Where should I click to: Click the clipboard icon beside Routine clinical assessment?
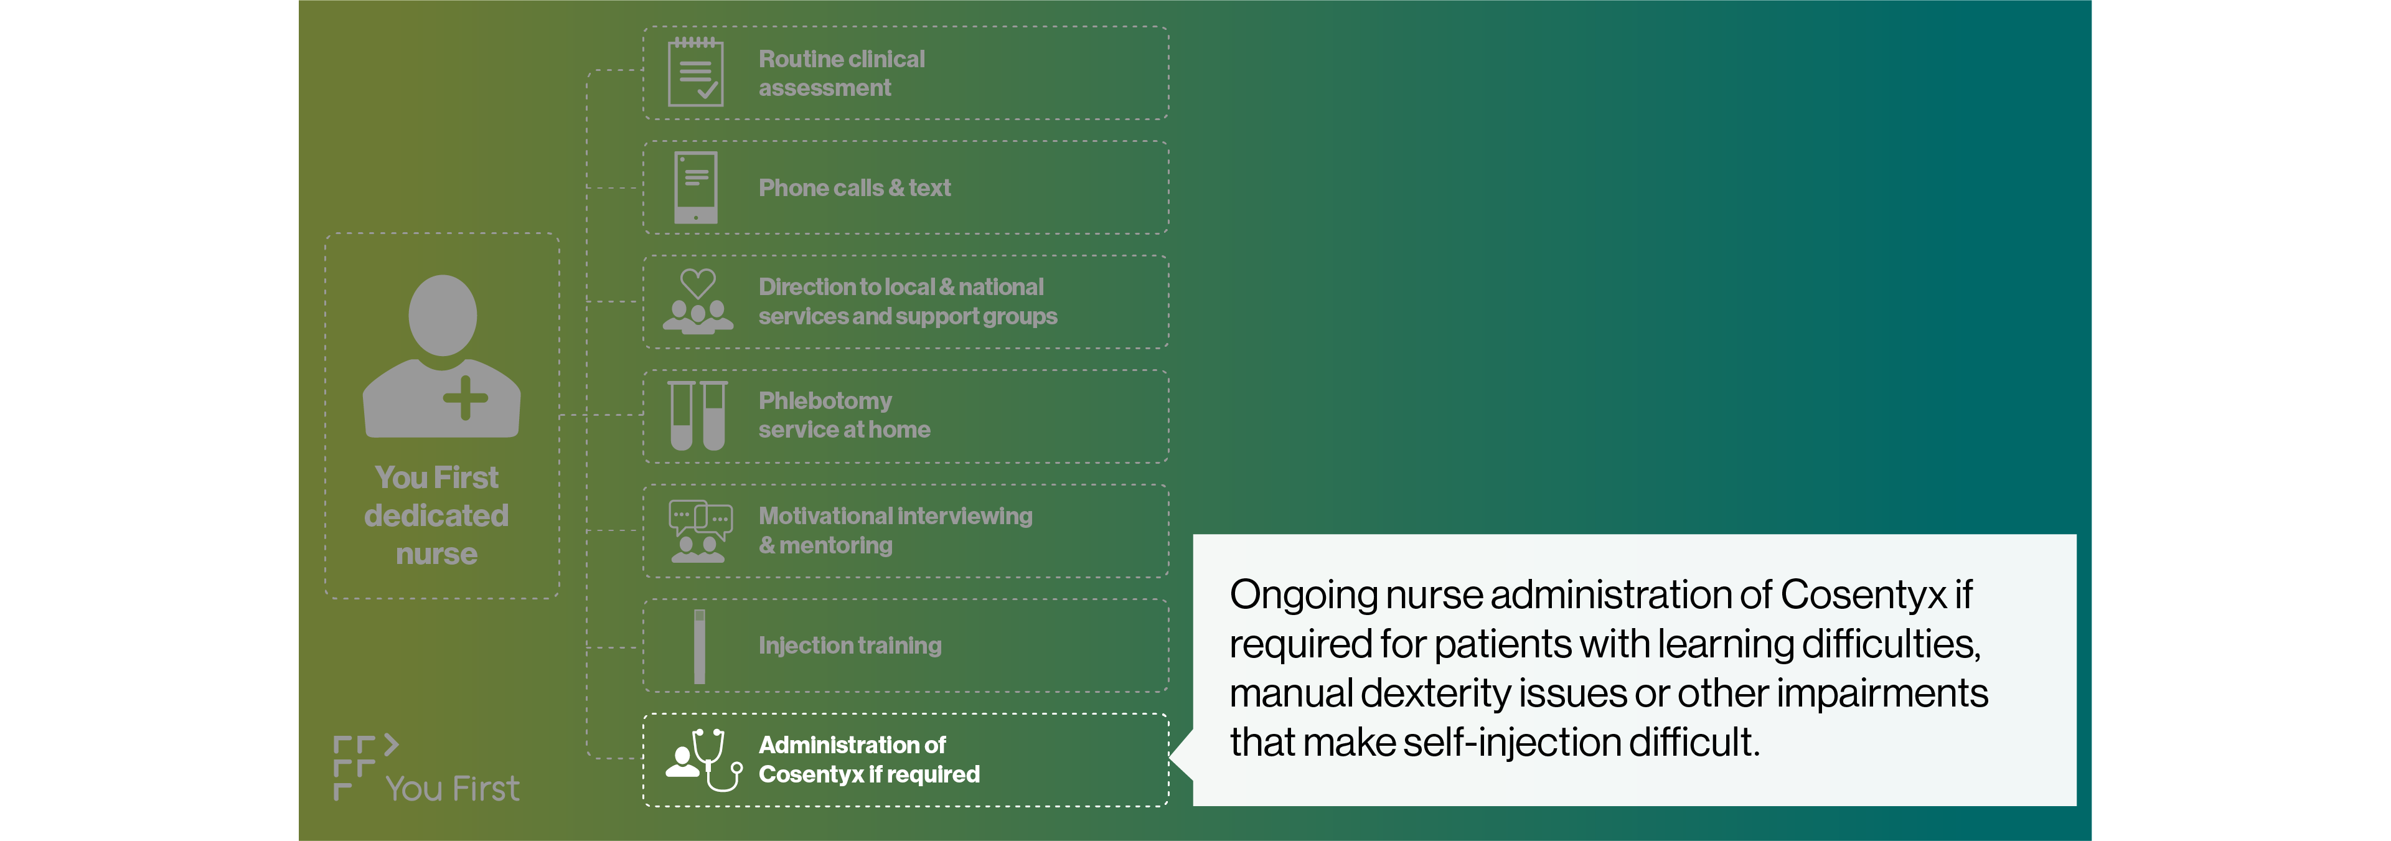pyautogui.click(x=695, y=72)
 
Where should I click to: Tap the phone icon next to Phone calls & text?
pyautogui.click(x=695, y=187)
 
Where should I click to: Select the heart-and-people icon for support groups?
pyautogui.click(x=698, y=302)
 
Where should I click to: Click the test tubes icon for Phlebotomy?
pyautogui.click(x=698, y=416)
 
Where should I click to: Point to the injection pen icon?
pyautogui.click(x=700, y=646)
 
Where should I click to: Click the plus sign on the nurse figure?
pyautogui.click(x=465, y=398)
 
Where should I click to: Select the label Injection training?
pyautogui.click(x=849, y=645)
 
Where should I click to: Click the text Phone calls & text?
pyautogui.click(x=854, y=187)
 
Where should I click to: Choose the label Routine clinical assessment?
pyautogui.click(x=841, y=73)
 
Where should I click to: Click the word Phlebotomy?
pyautogui.click(x=824, y=401)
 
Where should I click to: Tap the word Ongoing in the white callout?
pyautogui.click(x=1302, y=595)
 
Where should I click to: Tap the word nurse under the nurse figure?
pyautogui.click(x=436, y=554)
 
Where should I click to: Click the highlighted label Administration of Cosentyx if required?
pyautogui.click(x=869, y=759)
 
